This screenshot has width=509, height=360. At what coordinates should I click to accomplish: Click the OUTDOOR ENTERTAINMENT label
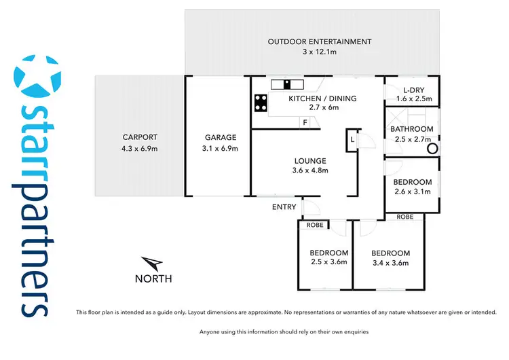(320, 41)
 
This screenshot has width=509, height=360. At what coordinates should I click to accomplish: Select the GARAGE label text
(219, 136)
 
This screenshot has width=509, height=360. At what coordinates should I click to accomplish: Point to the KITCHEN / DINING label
(322, 98)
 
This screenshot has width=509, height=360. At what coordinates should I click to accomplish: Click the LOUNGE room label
(309, 161)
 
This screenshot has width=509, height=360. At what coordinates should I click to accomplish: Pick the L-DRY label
(413, 90)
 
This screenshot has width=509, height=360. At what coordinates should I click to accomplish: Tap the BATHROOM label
(411, 129)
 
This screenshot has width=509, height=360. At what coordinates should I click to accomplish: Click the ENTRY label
(284, 206)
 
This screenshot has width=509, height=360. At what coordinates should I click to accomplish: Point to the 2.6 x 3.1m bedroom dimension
(413, 192)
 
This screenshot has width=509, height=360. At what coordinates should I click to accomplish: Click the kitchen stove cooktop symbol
(261, 103)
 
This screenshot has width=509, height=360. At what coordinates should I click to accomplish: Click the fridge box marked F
(305, 122)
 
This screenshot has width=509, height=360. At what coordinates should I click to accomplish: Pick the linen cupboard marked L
(352, 139)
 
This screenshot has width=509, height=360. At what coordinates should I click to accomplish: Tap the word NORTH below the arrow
(153, 278)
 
